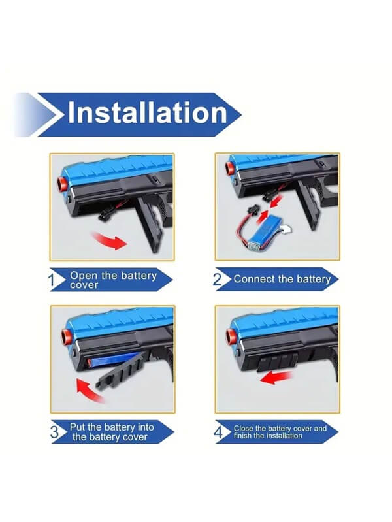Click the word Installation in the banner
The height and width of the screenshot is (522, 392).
[x=147, y=112]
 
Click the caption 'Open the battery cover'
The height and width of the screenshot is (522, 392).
[x=112, y=280]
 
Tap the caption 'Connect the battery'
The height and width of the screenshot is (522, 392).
[x=282, y=279]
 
